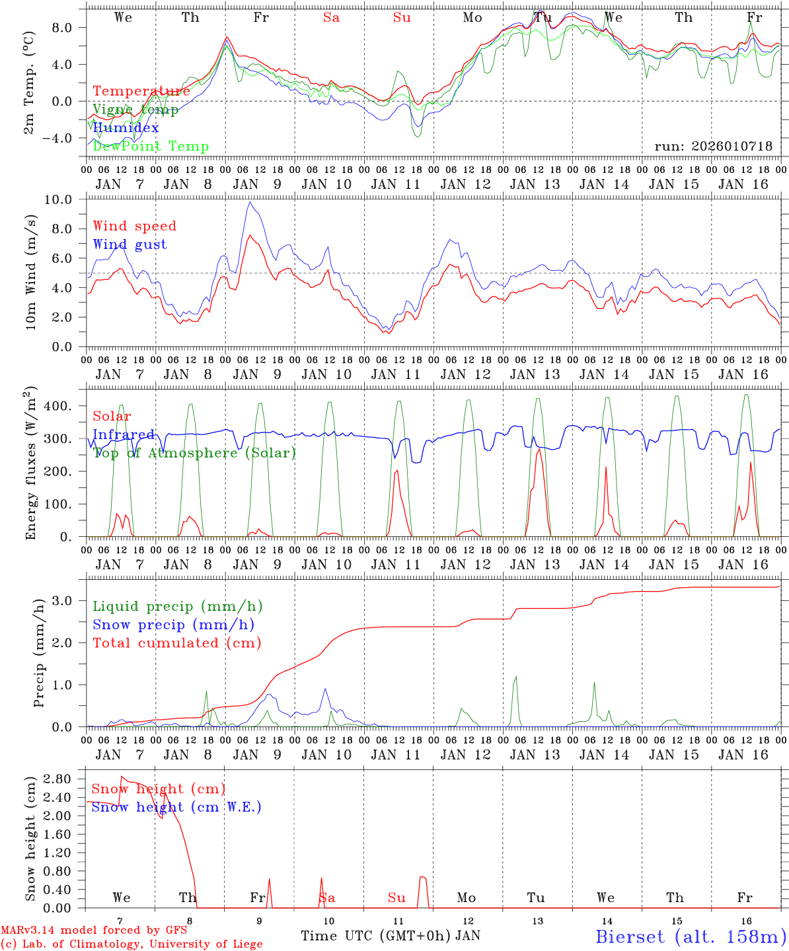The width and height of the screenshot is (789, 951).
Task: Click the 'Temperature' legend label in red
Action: pyautogui.click(x=141, y=91)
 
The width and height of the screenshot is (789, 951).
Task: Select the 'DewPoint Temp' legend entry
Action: pyautogui.click(x=151, y=146)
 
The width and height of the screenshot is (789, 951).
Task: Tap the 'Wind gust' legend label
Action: pyautogui.click(x=130, y=244)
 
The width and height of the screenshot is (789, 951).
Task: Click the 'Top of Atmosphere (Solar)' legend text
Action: pyautogui.click(x=194, y=453)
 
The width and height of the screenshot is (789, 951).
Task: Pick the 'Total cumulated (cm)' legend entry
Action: pyautogui.click(x=177, y=643)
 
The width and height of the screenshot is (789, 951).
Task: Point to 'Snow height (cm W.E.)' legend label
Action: pyautogui.click(x=176, y=807)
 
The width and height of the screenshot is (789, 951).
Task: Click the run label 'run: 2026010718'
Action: pyautogui.click(x=713, y=147)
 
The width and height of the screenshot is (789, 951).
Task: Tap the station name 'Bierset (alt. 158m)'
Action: pyautogui.click(x=691, y=936)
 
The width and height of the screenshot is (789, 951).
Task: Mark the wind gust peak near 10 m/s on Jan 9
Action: pyautogui.click(x=249, y=202)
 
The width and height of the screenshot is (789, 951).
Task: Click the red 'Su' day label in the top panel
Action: pyautogui.click(x=402, y=18)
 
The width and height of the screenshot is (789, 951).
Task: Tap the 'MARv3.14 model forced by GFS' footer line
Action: pyautogui.click(x=94, y=931)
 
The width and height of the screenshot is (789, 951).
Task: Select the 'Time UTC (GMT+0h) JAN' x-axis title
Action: pyautogui.click(x=391, y=936)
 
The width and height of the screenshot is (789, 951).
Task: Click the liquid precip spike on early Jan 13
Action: pyautogui.click(x=515, y=677)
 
